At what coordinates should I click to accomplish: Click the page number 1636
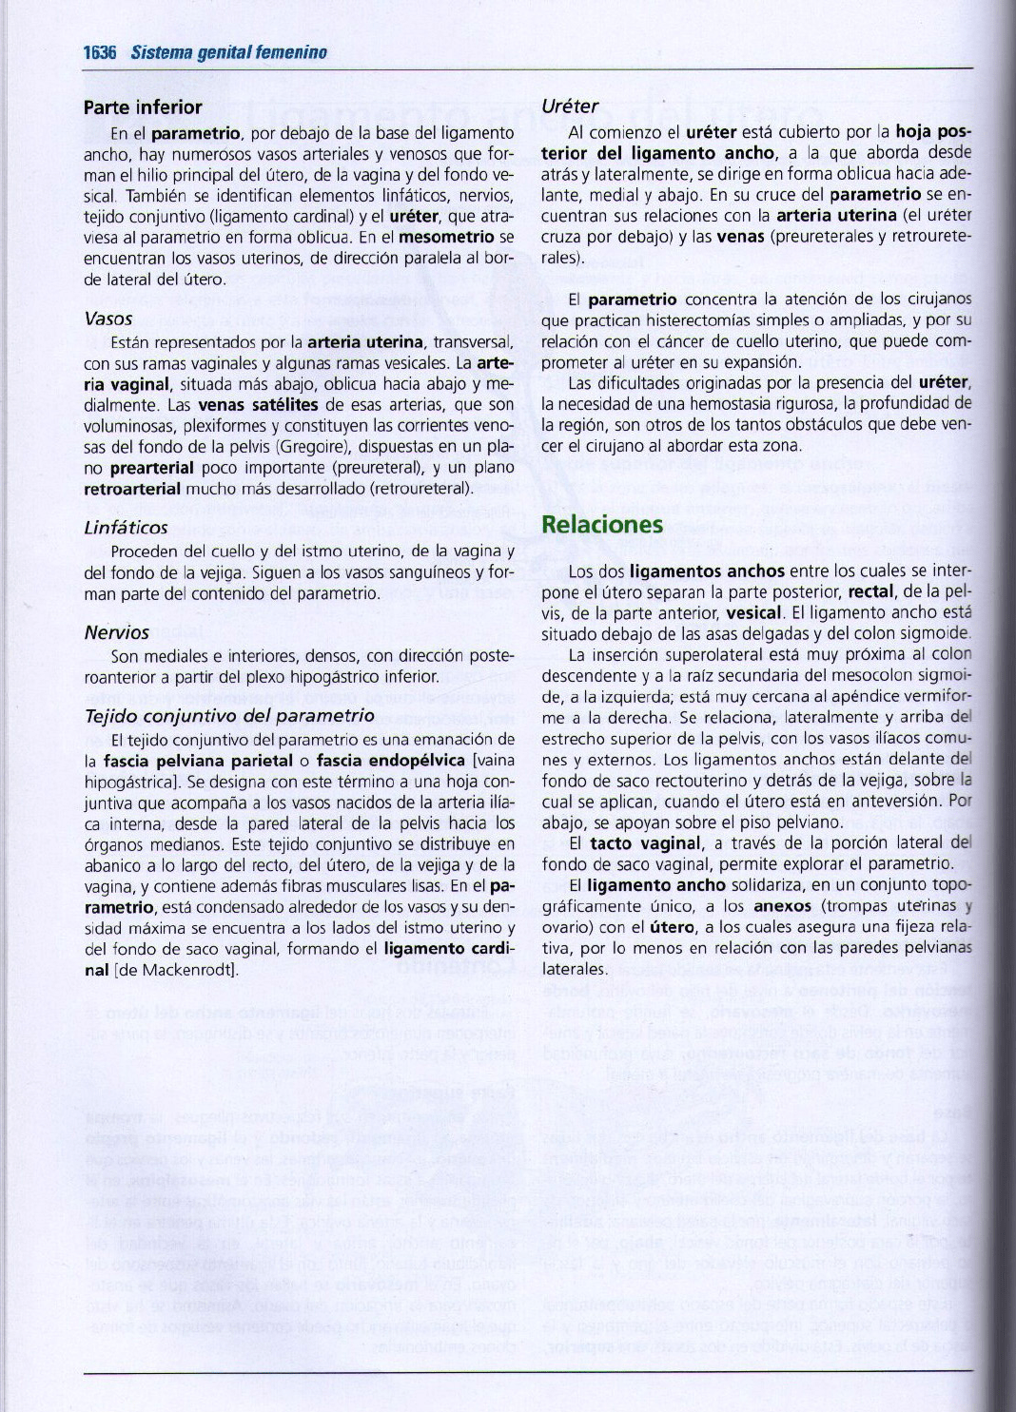click(x=99, y=52)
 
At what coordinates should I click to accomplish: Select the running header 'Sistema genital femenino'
click(x=229, y=52)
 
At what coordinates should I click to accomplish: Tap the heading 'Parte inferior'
click(x=143, y=107)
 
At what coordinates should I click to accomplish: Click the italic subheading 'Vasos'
click(x=107, y=319)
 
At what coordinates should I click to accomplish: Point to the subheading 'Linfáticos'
click(x=126, y=527)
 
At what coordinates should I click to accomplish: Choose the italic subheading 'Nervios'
click(x=117, y=632)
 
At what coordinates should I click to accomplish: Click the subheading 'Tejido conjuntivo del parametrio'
click(x=229, y=716)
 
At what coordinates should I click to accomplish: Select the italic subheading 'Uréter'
click(x=570, y=106)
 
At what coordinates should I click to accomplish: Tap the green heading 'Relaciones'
click(x=601, y=525)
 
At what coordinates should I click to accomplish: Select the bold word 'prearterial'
click(x=152, y=468)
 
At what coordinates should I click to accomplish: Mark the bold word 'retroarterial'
click(x=132, y=489)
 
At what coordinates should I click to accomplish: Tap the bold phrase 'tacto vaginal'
click(x=646, y=843)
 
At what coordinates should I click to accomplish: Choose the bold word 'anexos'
click(x=781, y=906)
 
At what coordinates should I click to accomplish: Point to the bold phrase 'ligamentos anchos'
click(x=707, y=571)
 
